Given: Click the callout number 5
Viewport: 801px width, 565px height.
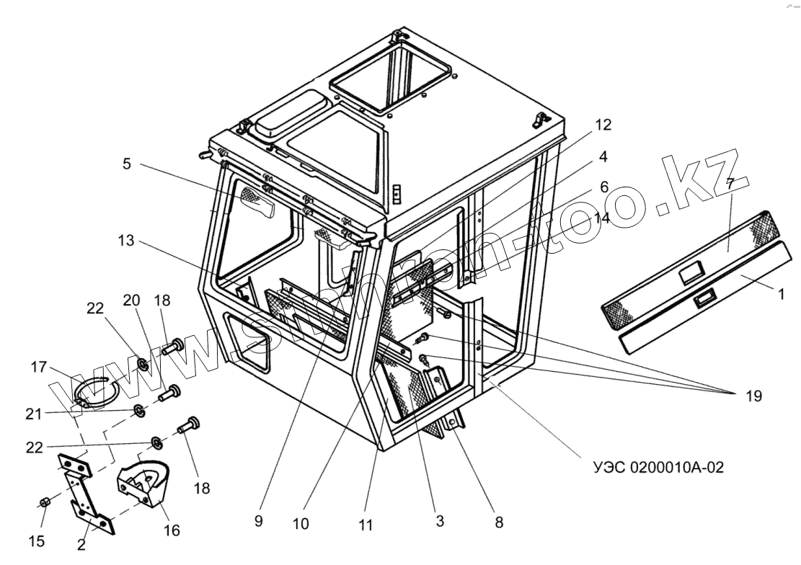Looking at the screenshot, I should click(127, 164).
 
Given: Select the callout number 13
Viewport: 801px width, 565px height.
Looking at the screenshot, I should click(127, 241).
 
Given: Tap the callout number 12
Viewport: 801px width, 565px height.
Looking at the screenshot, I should click(603, 125).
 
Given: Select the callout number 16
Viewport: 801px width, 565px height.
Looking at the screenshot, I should click(171, 530).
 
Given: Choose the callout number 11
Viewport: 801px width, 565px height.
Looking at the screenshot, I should click(366, 525).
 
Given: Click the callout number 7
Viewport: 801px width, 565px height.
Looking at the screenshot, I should click(730, 184).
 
